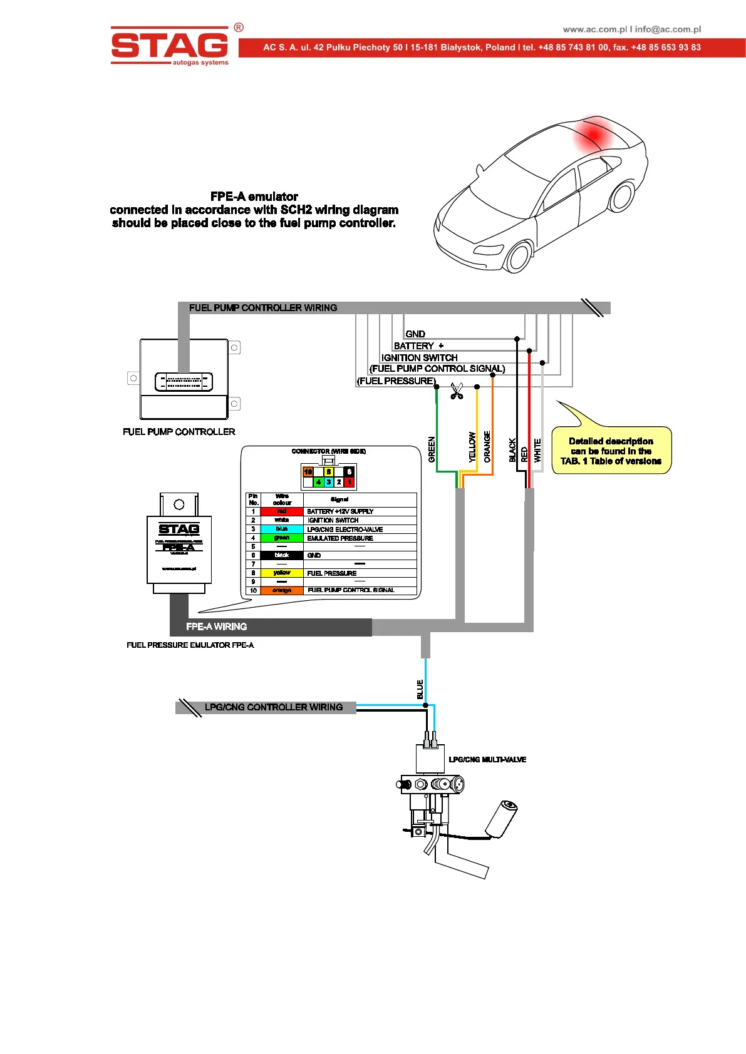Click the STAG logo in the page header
click(170, 45)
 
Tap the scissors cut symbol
click(457, 391)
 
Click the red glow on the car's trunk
click(594, 134)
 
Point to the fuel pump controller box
click(184, 380)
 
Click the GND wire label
click(415, 334)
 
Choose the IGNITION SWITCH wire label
click(419, 357)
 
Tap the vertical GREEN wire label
click(432, 449)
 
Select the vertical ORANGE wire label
click(487, 447)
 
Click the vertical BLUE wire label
click(420, 689)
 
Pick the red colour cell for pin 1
click(282, 511)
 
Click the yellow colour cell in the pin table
click(282, 573)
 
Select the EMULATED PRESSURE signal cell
click(340, 538)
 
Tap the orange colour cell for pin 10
click(282, 590)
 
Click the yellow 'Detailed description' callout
click(611, 451)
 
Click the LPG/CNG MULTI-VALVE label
click(487, 759)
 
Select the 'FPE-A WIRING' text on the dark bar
click(217, 627)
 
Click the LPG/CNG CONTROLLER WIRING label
click(274, 707)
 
